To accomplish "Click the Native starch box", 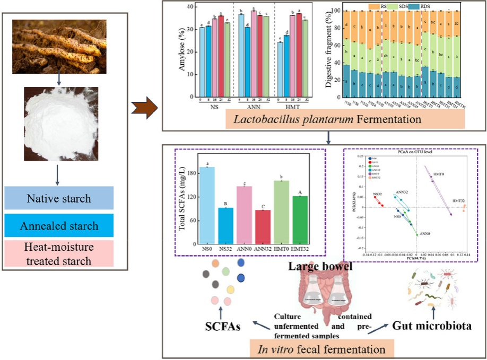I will [58, 199].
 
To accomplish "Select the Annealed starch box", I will [58, 225].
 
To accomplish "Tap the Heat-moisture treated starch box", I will [58, 253].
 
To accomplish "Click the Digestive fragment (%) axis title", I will [328, 53].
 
